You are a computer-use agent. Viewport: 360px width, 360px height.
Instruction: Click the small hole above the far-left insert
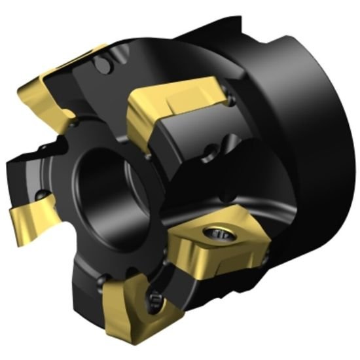pos(42,195)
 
